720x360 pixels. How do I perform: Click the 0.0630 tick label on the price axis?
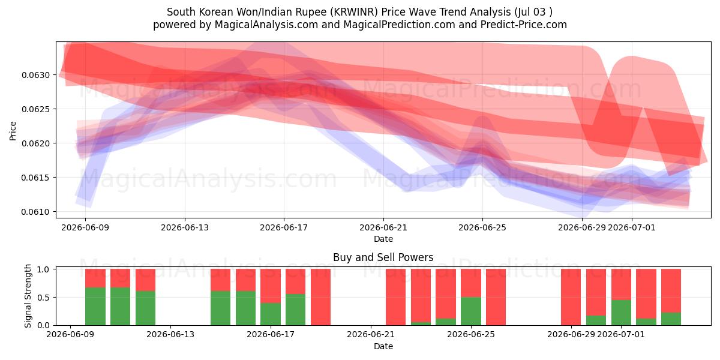click(35, 75)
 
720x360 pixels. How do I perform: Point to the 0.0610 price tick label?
click(35, 212)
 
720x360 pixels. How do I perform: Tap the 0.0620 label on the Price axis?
click(35, 143)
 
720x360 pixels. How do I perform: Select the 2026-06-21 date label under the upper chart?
click(383, 227)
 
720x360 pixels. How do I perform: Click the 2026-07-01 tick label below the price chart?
click(632, 227)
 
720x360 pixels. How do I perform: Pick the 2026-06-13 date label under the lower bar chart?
click(170, 334)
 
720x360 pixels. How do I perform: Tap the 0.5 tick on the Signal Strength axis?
click(44, 298)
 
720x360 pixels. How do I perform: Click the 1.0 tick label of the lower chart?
click(44, 269)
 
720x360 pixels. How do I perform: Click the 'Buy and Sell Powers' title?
click(383, 257)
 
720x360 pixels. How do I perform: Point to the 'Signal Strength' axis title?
click(28, 296)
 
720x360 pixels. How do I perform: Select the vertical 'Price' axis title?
click(13, 131)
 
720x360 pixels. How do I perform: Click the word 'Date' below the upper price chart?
click(383, 239)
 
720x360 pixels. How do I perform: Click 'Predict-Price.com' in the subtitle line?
click(524, 25)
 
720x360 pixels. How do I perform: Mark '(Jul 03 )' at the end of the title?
click(533, 12)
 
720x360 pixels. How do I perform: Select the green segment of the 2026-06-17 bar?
click(271, 314)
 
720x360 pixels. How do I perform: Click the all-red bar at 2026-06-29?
click(571, 298)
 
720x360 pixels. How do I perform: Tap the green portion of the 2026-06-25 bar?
click(471, 311)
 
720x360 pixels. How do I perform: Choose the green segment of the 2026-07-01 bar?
click(621, 313)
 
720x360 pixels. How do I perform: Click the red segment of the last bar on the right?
click(671, 291)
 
